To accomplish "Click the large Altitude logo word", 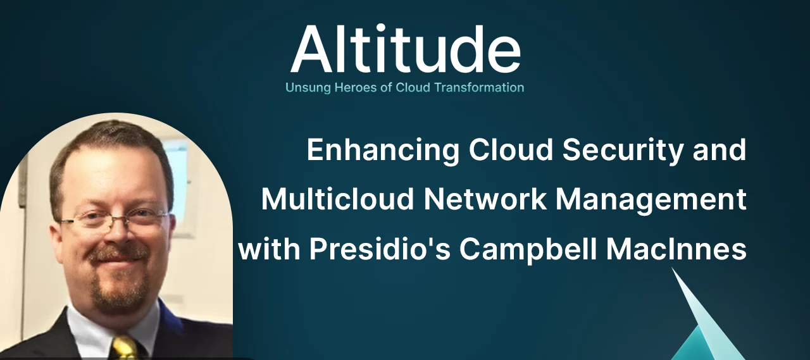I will (405, 49).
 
